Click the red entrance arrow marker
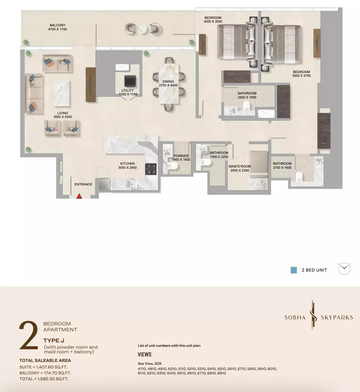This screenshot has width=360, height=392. click(79, 196)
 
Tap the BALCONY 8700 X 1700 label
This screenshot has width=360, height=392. click(58, 27)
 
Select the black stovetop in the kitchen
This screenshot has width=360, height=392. click(151, 169)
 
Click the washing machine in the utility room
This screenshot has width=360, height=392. click(130, 81)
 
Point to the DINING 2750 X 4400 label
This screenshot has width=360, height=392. click(168, 83)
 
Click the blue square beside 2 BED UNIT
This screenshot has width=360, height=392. click(294, 270)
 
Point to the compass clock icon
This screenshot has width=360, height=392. click(344, 269)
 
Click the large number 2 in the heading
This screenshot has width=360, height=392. click(29, 335)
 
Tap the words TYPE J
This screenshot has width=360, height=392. click(54, 341)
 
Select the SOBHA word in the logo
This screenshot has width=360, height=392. click(295, 318)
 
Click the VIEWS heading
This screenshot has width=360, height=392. click(144, 354)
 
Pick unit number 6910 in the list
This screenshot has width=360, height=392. click(221, 373)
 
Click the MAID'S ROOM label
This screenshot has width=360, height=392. click(240, 166)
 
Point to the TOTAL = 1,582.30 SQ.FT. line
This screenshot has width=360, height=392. click(44, 379)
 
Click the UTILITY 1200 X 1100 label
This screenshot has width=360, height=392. click(128, 92)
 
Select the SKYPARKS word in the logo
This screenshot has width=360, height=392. click(337, 318)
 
